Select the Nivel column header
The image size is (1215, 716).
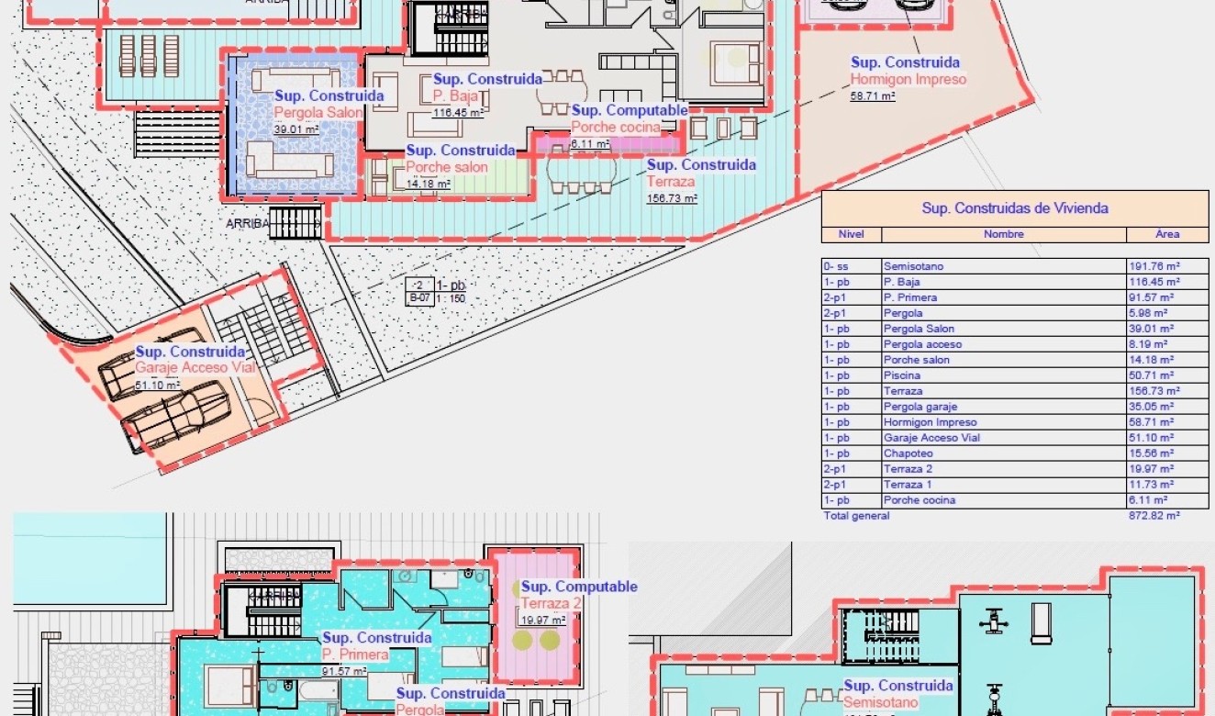coord(851,234)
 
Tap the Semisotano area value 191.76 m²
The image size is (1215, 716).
coord(1153,267)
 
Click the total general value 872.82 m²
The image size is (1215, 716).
coord(1154,516)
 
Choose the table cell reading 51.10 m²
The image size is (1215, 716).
coord(1153,438)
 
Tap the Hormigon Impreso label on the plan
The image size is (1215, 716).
coord(908,79)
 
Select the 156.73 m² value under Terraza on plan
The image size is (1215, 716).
coord(672,198)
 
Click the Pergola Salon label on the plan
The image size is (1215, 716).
coord(318,113)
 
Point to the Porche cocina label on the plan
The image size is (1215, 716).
coord(615,128)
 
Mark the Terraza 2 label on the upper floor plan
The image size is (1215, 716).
coord(552,603)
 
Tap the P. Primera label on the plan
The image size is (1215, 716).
coord(354,654)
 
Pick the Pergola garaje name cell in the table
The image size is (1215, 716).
coord(914,407)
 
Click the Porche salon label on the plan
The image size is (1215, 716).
coord(447,167)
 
